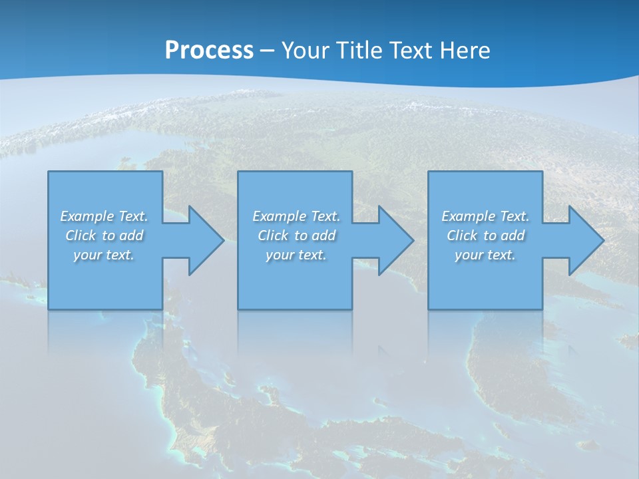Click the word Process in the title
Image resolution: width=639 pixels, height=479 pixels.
[x=209, y=50]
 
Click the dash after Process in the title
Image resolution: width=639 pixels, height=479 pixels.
[x=268, y=51]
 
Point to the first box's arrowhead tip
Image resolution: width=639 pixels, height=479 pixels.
[x=223, y=240]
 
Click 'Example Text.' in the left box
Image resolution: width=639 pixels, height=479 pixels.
[x=104, y=216]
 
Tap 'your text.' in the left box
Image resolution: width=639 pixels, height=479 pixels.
[x=104, y=255]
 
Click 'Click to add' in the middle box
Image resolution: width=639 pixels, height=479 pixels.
[x=296, y=236]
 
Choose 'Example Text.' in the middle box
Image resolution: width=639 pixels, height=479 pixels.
[x=296, y=216]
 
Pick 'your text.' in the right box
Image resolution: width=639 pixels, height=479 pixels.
[x=485, y=255]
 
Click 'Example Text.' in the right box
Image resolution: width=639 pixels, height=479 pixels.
[x=485, y=216]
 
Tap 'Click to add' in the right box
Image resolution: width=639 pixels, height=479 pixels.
[x=485, y=236]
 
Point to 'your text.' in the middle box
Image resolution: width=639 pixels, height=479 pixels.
[x=296, y=255]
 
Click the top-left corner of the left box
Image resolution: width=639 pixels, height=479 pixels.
[x=49, y=172]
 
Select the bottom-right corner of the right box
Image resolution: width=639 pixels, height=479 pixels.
[x=542, y=309]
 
